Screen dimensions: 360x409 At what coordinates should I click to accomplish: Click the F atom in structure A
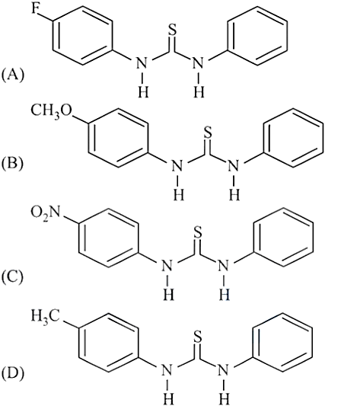coord(36,9)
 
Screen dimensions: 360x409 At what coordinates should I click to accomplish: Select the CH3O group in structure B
coord(52,111)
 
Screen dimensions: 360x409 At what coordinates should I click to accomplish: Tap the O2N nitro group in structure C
coord(46,213)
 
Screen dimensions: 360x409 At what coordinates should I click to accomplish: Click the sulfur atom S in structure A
coord(172,30)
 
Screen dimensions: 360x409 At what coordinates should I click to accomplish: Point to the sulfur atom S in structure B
coord(208,133)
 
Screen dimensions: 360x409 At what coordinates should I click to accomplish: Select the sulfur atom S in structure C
coord(198,232)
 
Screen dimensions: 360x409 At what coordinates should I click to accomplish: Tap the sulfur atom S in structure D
coord(198,337)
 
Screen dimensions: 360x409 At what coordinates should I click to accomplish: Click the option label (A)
coord(13,75)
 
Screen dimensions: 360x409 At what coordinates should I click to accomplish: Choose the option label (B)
coord(12,165)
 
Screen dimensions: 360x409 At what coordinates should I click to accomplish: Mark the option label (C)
coord(12,277)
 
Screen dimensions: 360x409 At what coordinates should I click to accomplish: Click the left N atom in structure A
coord(142,63)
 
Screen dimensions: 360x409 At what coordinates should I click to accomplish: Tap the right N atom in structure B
coord(234,166)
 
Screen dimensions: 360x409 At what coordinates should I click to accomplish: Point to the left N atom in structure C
coord(167,266)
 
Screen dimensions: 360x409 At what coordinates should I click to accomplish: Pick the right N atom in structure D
coord(224,370)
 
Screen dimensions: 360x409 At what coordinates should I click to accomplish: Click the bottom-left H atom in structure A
coord(143,92)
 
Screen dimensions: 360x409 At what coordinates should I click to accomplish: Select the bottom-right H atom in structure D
coord(225,399)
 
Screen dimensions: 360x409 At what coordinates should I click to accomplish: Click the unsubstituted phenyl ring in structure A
coord(257,36)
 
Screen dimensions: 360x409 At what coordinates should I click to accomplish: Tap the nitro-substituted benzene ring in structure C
coord(108,238)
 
